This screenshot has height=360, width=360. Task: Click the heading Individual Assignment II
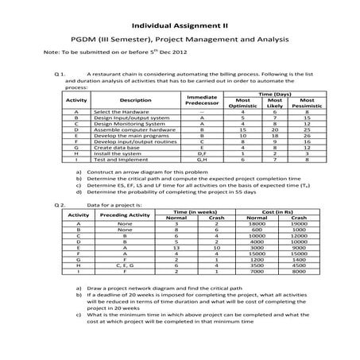[x=180, y=24]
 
